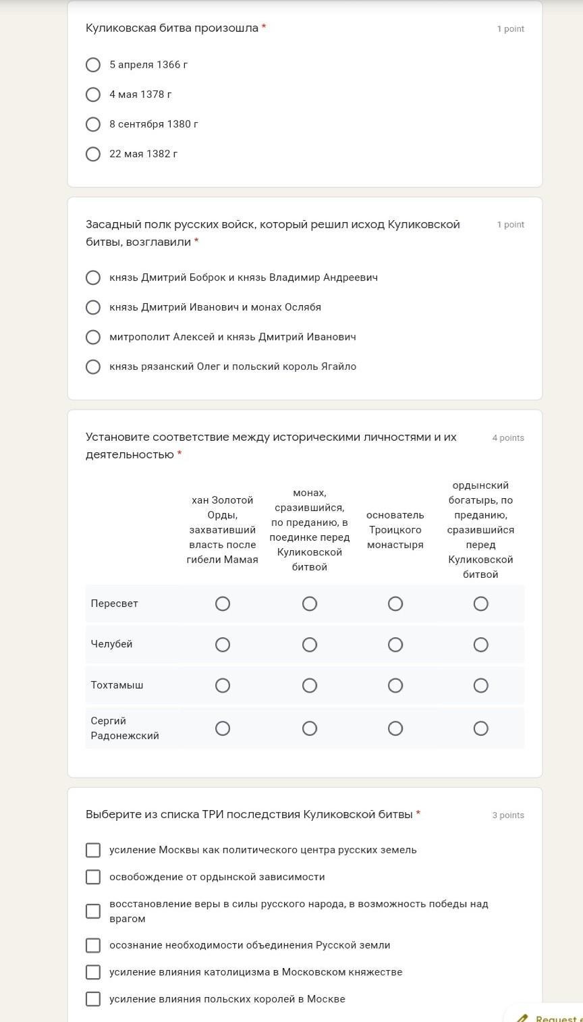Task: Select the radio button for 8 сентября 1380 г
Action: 93,124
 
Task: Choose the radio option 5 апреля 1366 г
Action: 93,65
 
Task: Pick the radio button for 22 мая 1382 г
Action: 93,154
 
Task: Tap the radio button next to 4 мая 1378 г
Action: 93,95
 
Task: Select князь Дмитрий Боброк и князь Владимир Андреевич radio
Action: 93,277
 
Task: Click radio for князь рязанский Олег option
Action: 93,367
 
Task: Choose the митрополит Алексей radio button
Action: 93,337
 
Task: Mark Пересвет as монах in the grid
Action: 309,603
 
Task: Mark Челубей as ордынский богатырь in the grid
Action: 480,645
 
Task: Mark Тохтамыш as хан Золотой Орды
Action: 222,685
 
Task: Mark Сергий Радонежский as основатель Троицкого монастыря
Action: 395,728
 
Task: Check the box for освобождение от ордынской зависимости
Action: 93,877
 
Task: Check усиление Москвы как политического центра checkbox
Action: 93,850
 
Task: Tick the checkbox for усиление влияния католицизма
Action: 93,972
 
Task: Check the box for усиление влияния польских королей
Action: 93,999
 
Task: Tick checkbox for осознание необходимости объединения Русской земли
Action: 93,945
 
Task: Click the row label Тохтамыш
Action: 117,685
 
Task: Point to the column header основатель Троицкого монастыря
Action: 395,530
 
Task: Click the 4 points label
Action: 507,438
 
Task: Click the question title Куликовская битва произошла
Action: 172,28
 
